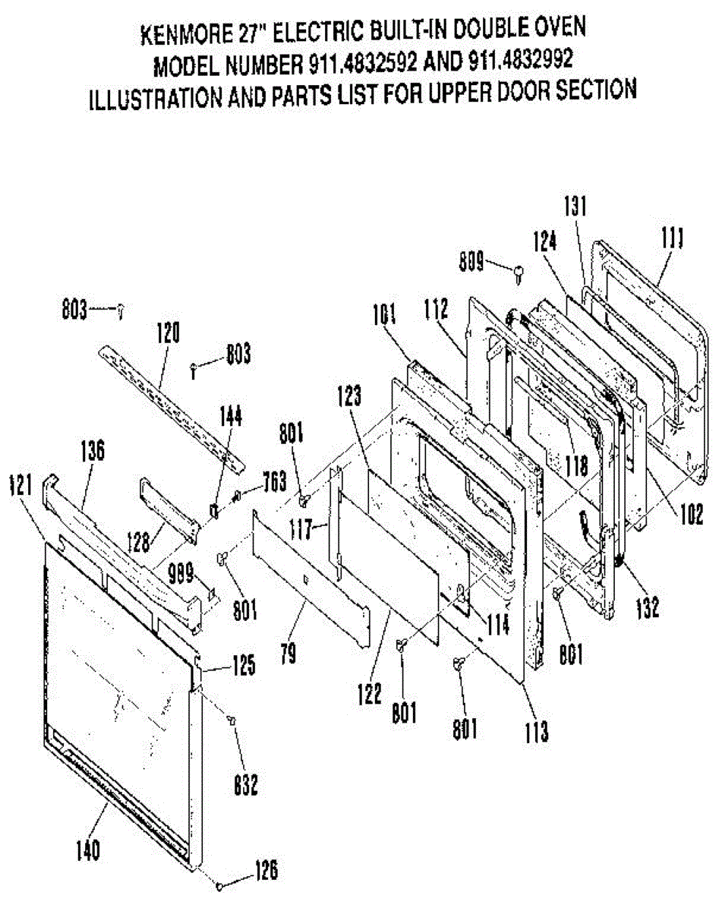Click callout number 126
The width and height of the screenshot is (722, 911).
tap(265, 870)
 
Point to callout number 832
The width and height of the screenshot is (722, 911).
tap(245, 784)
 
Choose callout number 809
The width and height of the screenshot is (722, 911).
tap(472, 264)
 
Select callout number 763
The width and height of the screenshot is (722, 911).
tap(273, 481)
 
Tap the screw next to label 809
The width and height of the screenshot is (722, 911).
tap(519, 271)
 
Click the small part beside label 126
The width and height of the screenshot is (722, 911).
tap(220, 885)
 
